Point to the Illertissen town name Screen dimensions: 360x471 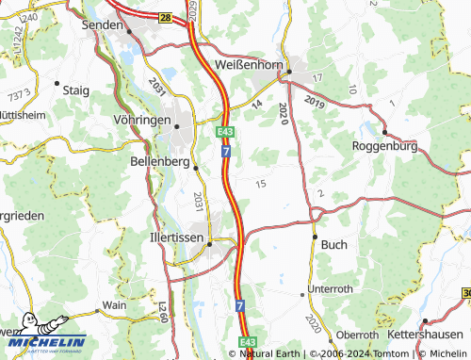tap(177, 238)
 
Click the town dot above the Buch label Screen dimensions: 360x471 tap(316, 236)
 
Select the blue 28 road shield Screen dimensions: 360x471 tap(166, 18)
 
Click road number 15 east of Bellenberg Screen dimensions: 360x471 tap(260, 183)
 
